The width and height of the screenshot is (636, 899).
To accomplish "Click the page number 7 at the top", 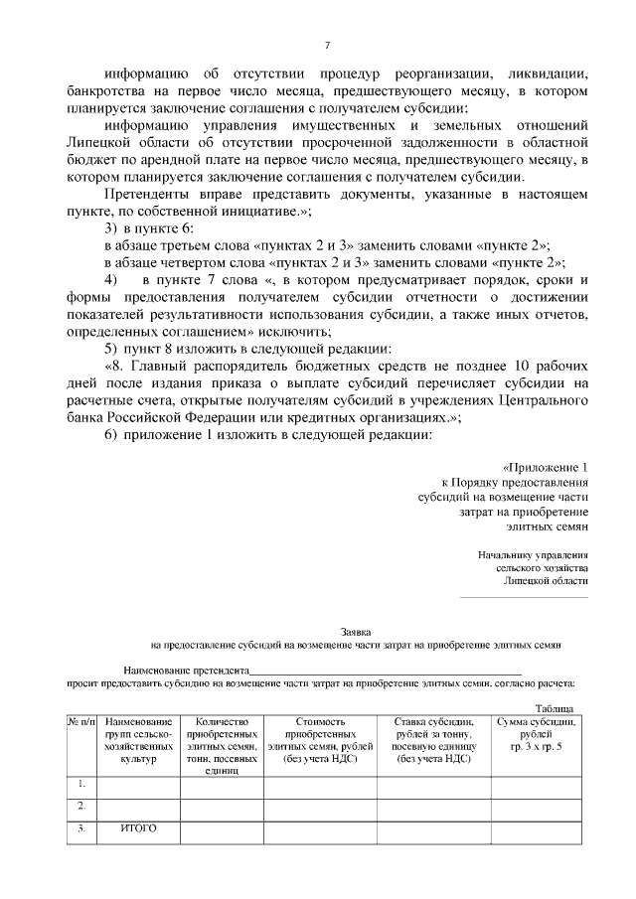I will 326,44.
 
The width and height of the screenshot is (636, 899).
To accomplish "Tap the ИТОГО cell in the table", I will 138,827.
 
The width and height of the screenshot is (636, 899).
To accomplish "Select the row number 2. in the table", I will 80,806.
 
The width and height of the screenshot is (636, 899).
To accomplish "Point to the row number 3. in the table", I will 80,827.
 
